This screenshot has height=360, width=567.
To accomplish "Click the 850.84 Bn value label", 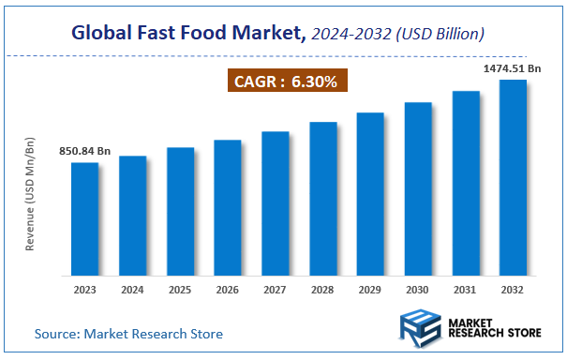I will (x=83, y=150).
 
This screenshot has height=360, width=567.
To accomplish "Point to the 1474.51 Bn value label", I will (x=511, y=68).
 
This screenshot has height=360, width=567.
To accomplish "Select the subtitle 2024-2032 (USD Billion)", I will (x=399, y=35).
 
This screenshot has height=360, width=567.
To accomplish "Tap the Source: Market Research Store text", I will (x=129, y=333).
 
